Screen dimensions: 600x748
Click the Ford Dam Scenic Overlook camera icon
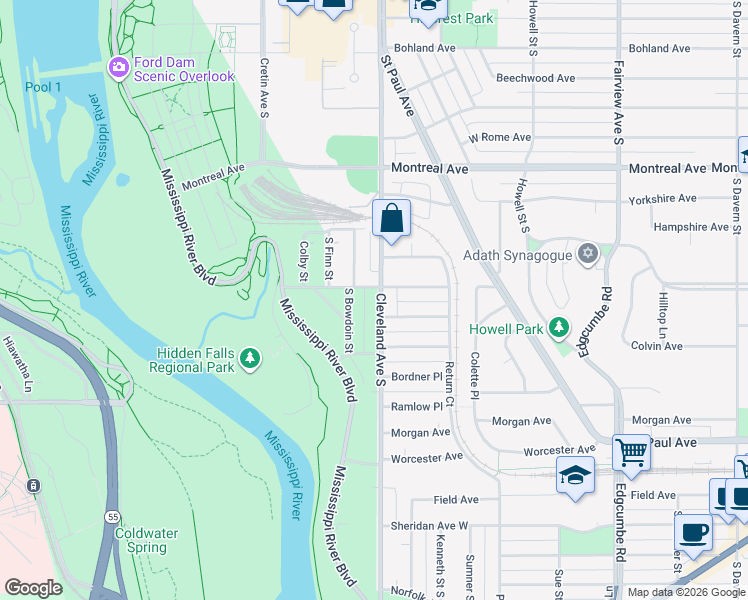click(x=118, y=68)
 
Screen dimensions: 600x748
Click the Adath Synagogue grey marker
click(x=588, y=254)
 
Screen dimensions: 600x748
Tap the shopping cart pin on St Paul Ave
click(x=631, y=453)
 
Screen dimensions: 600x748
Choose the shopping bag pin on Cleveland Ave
click(x=392, y=218)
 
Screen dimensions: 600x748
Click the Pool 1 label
click(x=43, y=87)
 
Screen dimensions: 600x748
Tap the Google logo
click(x=33, y=588)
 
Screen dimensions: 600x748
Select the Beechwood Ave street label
click(x=536, y=78)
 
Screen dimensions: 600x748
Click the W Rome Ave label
click(x=499, y=137)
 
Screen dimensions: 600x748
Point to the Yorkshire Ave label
click(x=661, y=199)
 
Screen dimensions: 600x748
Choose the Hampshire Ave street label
click(x=691, y=227)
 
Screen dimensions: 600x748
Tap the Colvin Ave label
click(x=656, y=346)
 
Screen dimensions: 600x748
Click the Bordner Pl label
click(x=417, y=377)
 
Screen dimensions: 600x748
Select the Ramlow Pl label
click(x=417, y=407)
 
